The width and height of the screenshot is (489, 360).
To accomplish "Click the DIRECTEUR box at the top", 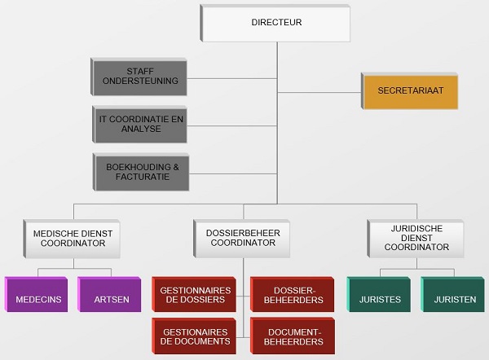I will coord(276,23).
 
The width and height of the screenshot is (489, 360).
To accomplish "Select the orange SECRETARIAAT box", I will coord(410,90).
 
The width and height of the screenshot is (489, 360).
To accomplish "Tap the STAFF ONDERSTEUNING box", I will coord(139,77).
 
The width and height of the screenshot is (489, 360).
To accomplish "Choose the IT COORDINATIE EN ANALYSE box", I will coord(139,123).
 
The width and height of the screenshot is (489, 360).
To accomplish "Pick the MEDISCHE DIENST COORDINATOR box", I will coord(73,238).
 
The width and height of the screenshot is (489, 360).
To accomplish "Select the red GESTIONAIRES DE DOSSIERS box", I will coord(194,295).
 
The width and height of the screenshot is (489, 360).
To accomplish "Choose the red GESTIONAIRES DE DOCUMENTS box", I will coord(194,336).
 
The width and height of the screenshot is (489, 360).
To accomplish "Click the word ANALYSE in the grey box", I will coord(139,129).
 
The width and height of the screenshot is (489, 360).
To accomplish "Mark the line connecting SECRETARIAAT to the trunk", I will coord(319,90).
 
